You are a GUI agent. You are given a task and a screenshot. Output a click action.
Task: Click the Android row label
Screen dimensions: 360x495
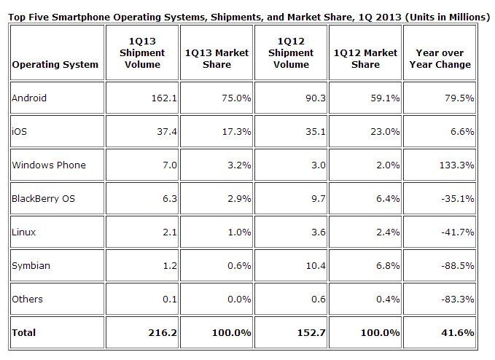(x=29, y=98)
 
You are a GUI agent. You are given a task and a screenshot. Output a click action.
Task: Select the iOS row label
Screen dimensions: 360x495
(x=19, y=131)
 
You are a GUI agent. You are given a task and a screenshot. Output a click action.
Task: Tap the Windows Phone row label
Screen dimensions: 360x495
(x=49, y=165)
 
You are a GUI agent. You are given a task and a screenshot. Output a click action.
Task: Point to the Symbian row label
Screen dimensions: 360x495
(x=31, y=265)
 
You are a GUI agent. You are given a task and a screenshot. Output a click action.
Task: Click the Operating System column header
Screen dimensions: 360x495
(x=55, y=64)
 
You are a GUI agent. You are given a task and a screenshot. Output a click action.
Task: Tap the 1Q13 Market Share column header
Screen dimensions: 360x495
(x=216, y=58)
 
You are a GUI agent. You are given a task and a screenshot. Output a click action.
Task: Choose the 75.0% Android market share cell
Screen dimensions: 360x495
(x=234, y=98)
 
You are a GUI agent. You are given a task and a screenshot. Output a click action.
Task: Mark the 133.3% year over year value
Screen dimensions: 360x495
(x=458, y=165)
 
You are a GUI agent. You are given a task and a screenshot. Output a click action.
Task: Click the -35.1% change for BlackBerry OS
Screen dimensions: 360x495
(x=458, y=198)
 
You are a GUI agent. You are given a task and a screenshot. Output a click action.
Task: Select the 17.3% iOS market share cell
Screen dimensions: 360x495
(x=234, y=131)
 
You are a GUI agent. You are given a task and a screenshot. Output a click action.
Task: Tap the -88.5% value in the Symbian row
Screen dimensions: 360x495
(x=458, y=265)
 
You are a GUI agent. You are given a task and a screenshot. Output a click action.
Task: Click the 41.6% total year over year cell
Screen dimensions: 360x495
(x=459, y=332)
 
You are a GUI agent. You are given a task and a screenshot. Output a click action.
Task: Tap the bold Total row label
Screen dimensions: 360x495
(x=24, y=332)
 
